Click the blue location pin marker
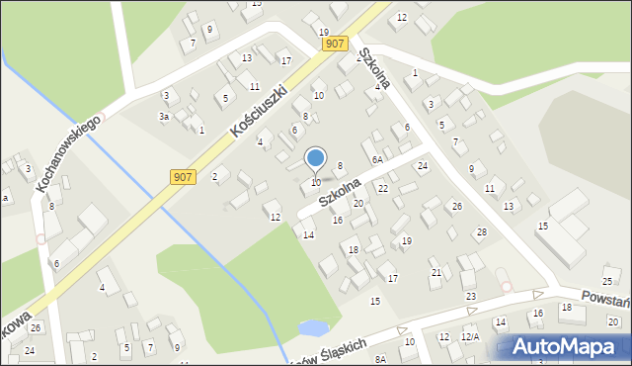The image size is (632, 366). (x=316, y=158)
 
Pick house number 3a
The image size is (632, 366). (x=165, y=117)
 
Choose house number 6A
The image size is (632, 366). (x=377, y=159)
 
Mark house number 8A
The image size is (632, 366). (x=380, y=359)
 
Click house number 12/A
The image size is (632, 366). (x=470, y=337)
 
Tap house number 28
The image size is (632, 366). (x=481, y=231)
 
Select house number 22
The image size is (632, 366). (x=383, y=188)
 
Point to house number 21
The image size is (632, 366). (x=435, y=272)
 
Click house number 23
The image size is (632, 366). (x=470, y=297)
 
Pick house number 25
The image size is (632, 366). (x=608, y=282)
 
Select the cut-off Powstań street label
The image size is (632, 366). (x=603, y=301)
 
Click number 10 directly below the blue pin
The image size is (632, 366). (x=316, y=182)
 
